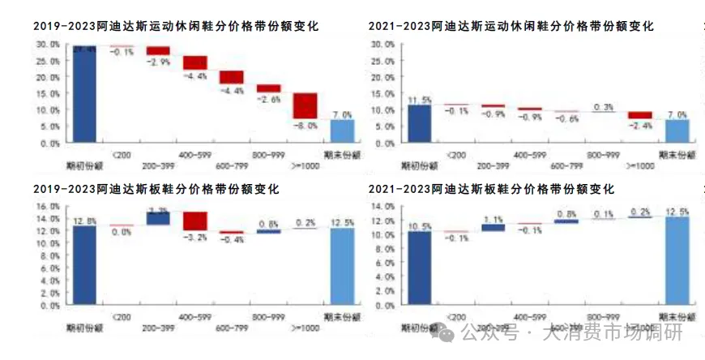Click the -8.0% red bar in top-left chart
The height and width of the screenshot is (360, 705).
click(305, 106)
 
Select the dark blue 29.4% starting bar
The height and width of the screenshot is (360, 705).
click(84, 94)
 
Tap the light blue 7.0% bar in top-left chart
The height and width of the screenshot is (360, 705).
click(342, 131)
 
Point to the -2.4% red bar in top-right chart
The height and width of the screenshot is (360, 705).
click(640, 115)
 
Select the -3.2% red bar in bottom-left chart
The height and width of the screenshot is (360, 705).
click(195, 221)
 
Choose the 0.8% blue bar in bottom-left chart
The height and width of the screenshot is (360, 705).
click(268, 231)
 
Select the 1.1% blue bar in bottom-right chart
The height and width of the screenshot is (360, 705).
click(493, 227)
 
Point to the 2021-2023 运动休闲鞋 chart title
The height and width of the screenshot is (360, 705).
click(511, 26)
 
